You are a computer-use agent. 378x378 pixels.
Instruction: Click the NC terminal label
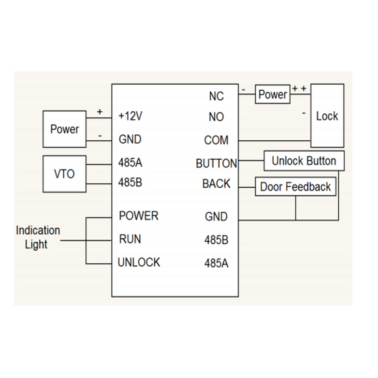click(216, 96)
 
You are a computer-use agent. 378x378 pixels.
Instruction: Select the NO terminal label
click(216, 117)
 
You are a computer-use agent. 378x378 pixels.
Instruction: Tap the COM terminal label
click(216, 140)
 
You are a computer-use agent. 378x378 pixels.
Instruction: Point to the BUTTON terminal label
click(216, 163)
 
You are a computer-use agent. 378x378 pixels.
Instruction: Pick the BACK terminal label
click(216, 184)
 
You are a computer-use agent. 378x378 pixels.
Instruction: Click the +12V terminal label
click(130, 117)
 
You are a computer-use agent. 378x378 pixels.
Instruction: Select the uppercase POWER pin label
click(138, 216)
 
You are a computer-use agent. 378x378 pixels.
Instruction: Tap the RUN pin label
click(130, 239)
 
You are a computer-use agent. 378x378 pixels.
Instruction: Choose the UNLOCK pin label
click(139, 262)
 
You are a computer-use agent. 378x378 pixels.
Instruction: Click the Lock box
click(327, 116)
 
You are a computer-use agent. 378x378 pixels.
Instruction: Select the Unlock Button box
click(304, 161)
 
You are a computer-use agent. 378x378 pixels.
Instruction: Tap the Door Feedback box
click(295, 187)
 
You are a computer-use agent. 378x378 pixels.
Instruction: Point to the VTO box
click(64, 173)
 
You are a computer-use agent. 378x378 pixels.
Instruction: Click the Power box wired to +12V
click(64, 129)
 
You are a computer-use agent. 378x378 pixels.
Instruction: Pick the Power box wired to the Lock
click(272, 94)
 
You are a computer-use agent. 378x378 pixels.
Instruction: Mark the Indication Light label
click(38, 237)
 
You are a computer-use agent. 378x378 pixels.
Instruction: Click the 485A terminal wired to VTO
click(130, 163)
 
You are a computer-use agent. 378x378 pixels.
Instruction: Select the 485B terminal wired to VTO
click(130, 182)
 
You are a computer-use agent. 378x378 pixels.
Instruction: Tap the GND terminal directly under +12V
click(130, 139)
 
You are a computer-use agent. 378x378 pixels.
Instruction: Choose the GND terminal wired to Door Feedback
click(216, 216)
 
